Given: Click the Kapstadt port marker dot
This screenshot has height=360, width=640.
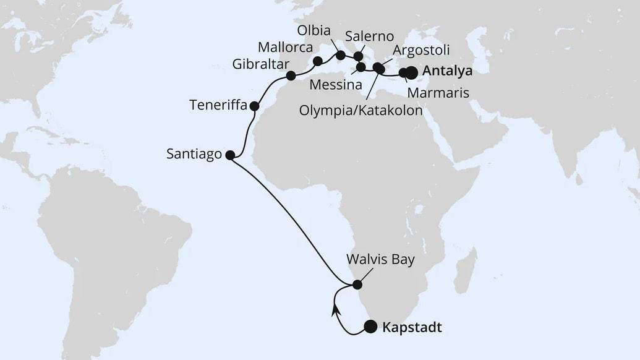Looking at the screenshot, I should [x=370, y=327].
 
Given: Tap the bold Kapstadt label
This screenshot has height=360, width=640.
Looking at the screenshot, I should [x=412, y=327].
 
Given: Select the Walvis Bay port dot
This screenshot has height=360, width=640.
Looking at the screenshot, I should [x=357, y=285].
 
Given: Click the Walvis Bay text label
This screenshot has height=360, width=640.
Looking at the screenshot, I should [x=381, y=260].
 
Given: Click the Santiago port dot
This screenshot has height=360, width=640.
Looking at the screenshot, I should [x=229, y=155].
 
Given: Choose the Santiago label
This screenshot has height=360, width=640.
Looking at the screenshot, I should [x=194, y=155].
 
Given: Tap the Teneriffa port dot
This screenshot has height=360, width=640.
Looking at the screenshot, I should [x=254, y=106].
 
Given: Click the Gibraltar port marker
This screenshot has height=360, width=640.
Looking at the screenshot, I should [x=291, y=76].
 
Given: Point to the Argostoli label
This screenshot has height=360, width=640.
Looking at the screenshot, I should [x=421, y=50].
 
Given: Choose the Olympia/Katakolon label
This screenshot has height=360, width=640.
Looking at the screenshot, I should [x=361, y=111].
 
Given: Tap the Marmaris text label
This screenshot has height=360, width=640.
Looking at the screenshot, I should [x=438, y=93].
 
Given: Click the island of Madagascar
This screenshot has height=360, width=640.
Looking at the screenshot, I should [x=465, y=270].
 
